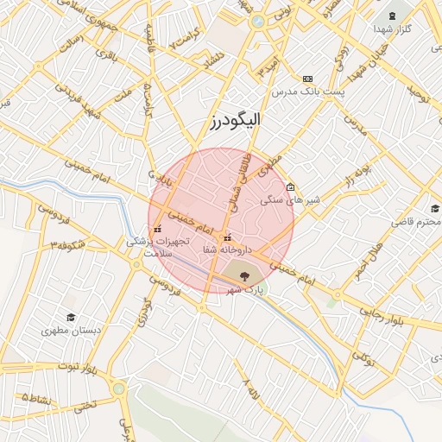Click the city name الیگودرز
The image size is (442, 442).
[x=234, y=120]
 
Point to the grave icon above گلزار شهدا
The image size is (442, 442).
[x=393, y=16]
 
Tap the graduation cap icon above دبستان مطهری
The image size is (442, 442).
[x=70, y=317]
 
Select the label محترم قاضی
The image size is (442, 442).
[x=415, y=222]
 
